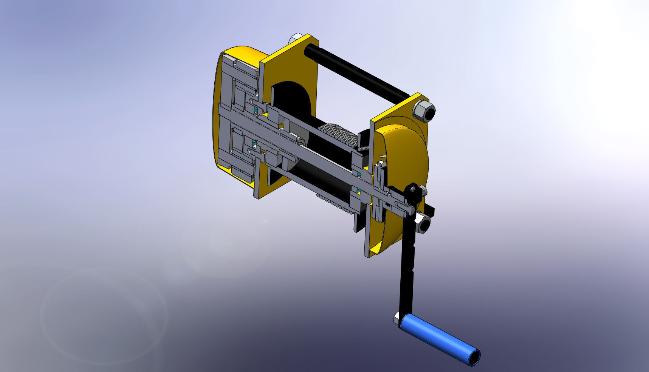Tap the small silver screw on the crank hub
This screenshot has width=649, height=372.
pos(423,190)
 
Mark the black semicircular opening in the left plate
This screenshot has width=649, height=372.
pos(293,98)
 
